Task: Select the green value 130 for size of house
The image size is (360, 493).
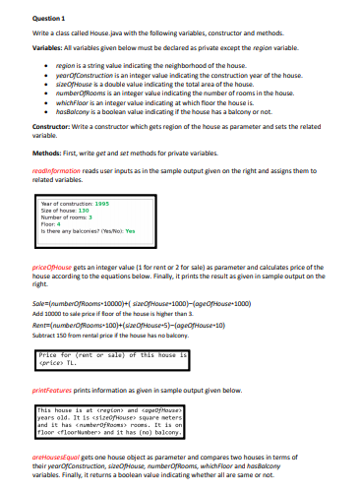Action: tap(85, 210)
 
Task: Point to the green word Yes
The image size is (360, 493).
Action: tap(130, 231)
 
